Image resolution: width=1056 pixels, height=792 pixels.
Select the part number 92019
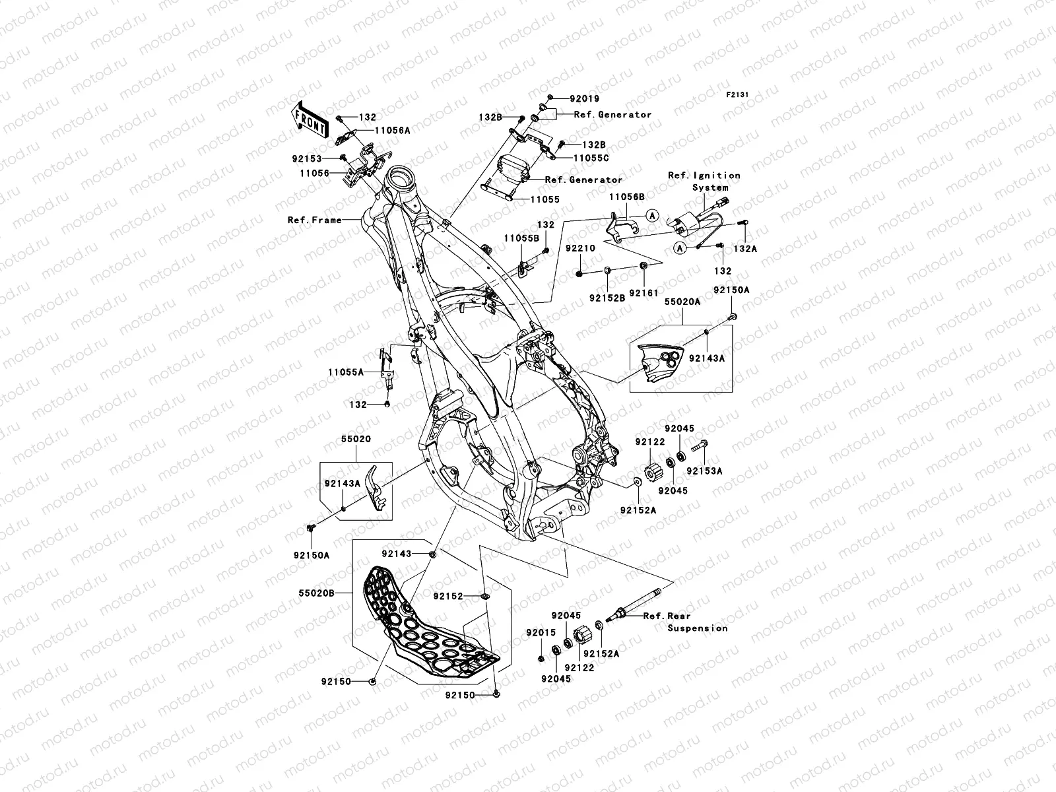pyautogui.click(x=584, y=99)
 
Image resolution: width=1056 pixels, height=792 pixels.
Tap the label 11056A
pyautogui.click(x=393, y=131)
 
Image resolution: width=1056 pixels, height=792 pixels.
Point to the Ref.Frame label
pyautogui.click(x=314, y=220)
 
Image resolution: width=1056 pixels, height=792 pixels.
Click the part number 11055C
pyautogui.click(x=591, y=158)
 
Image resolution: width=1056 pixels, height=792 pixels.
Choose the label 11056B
pyautogui.click(x=626, y=197)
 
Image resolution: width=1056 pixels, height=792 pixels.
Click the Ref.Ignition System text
pyautogui.click(x=704, y=181)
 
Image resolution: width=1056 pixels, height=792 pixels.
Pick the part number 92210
pyautogui.click(x=579, y=249)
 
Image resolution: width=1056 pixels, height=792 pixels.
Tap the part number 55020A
pyautogui.click(x=682, y=301)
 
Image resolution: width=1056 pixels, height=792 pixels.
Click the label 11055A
pyautogui.click(x=345, y=372)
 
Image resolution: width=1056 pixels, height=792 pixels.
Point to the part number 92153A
pyautogui.click(x=704, y=471)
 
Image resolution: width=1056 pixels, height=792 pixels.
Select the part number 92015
pyautogui.click(x=541, y=633)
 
